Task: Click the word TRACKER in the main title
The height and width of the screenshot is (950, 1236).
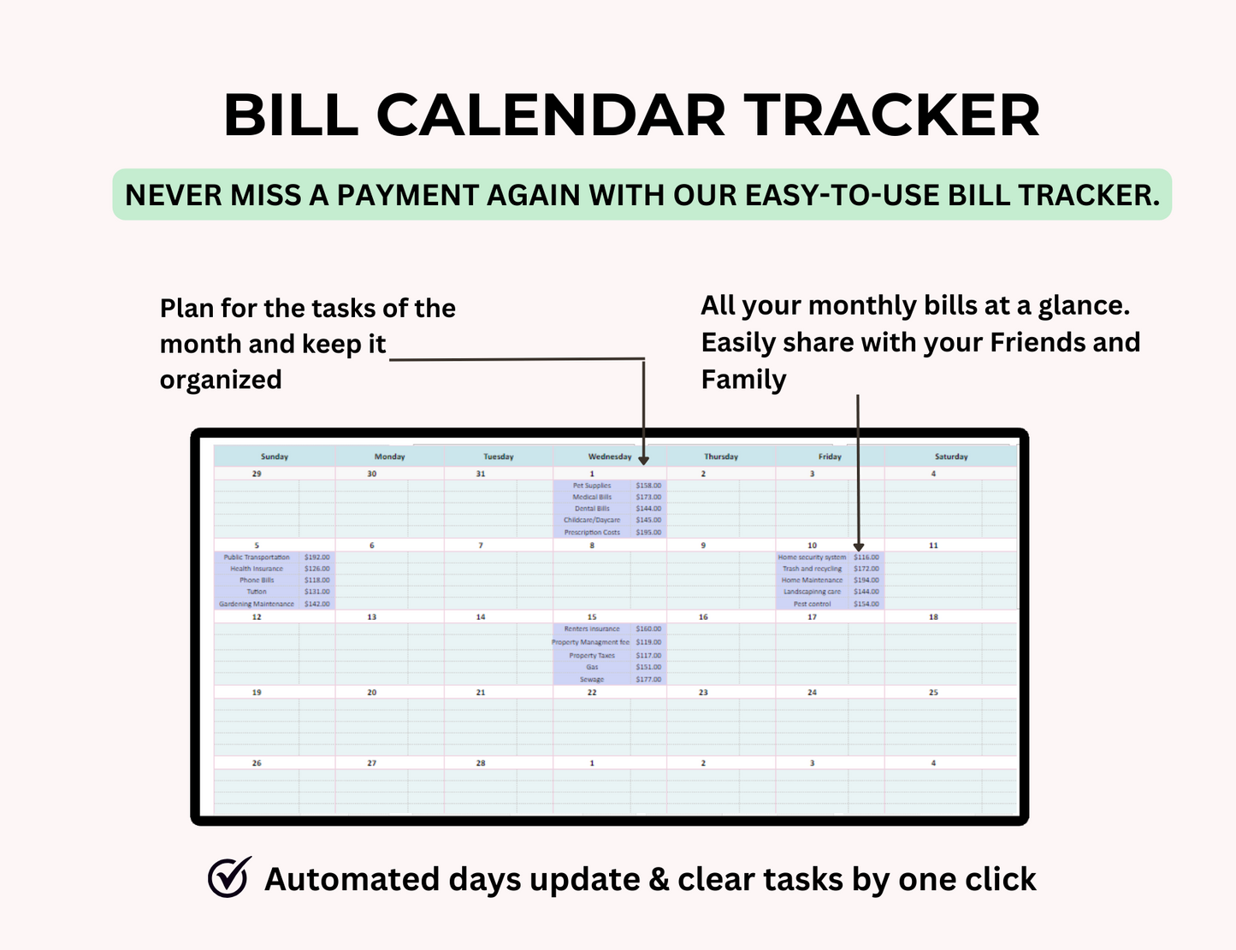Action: pyautogui.click(x=891, y=115)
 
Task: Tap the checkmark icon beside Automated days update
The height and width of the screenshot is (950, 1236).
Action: pyautogui.click(x=229, y=877)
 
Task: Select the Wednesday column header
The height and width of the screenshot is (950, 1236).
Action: pyautogui.click(x=609, y=457)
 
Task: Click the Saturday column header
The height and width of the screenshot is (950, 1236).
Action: pyautogui.click(x=950, y=457)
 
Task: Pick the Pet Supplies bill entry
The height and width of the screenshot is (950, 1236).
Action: pyautogui.click(x=592, y=486)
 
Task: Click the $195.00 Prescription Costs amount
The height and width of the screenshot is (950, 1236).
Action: pyautogui.click(x=648, y=532)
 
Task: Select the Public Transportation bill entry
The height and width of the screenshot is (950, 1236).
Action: pyautogui.click(x=257, y=558)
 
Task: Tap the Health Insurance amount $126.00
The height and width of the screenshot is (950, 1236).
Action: pyautogui.click(x=316, y=569)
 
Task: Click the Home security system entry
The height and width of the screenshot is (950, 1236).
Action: pyautogui.click(x=812, y=558)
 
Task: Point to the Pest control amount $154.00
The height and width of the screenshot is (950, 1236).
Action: pyautogui.click(x=866, y=604)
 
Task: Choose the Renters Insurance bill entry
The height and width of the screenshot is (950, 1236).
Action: pyautogui.click(x=592, y=629)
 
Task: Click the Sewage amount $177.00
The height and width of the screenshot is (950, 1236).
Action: pyautogui.click(x=648, y=680)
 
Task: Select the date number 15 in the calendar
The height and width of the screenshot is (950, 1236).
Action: pyautogui.click(x=592, y=617)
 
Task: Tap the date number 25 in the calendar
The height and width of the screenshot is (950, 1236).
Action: pyautogui.click(x=933, y=693)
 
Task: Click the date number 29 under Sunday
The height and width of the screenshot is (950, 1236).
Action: pyautogui.click(x=257, y=474)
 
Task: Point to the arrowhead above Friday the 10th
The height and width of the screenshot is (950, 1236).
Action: pyautogui.click(x=858, y=546)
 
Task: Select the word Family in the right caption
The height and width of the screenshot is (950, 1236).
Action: pyautogui.click(x=743, y=380)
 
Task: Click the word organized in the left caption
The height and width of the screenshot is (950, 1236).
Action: pyautogui.click(x=221, y=380)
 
